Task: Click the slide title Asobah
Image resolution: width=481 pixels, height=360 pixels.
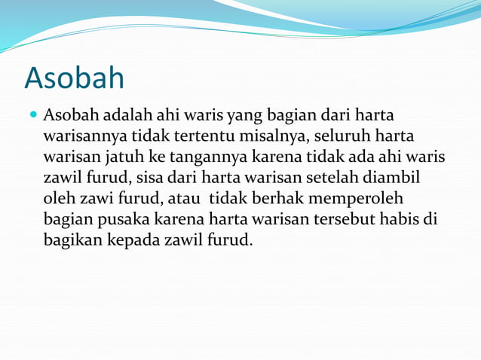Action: click(x=74, y=78)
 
